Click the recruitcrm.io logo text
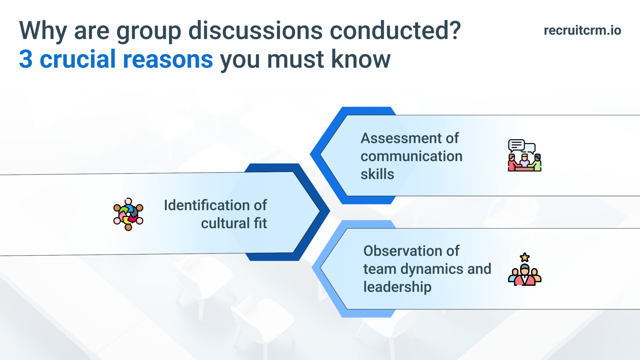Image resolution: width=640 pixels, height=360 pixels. [x=582, y=30]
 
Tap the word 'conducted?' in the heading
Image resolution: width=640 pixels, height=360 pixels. [x=395, y=31]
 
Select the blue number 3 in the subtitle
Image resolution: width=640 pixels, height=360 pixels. [x=26, y=59]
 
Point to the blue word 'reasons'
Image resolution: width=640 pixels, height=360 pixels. [x=168, y=59]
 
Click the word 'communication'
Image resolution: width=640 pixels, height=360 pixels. [x=411, y=156]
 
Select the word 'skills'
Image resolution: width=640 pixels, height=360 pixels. [x=377, y=174]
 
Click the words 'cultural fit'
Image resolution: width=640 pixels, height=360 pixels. [x=234, y=223]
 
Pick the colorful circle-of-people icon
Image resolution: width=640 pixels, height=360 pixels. [x=128, y=214]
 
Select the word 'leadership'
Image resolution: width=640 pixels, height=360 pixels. [x=397, y=287]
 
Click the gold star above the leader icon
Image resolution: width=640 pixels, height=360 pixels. [x=525, y=257]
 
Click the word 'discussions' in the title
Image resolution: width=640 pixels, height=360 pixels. [x=255, y=31]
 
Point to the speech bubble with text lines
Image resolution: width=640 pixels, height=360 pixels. [x=516, y=145]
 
